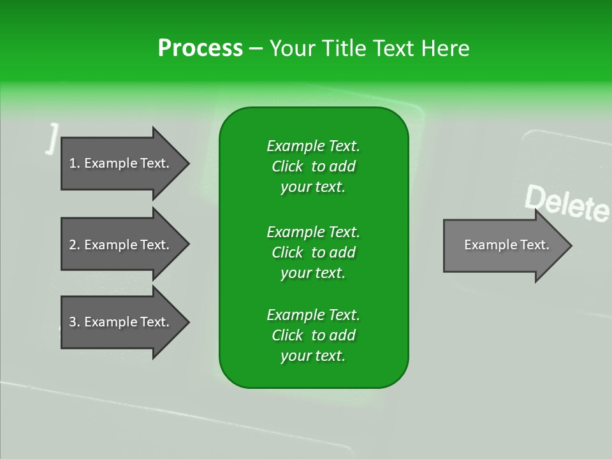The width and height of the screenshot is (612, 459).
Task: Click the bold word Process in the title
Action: point(200,48)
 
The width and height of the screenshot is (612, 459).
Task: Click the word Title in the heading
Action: point(345,48)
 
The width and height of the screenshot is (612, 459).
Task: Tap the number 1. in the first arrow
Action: point(75,163)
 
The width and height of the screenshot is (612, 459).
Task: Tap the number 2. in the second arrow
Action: point(75,245)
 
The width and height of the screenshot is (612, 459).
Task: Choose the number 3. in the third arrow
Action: point(75,322)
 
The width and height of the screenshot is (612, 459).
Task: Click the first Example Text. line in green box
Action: point(313,146)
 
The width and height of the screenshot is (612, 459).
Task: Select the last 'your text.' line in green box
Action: point(313,356)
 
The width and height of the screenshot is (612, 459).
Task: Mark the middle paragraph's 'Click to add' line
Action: point(313,252)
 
